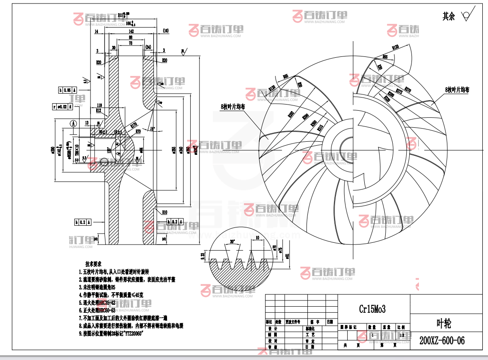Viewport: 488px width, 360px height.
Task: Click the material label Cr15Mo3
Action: (372, 309)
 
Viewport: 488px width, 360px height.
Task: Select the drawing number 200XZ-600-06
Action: (442, 341)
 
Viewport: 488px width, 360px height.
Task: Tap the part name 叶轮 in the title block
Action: (444, 323)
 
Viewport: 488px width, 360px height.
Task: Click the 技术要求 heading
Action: (93, 264)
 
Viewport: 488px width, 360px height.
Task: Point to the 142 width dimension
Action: (131, 32)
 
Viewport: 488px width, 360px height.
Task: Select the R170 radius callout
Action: (134, 125)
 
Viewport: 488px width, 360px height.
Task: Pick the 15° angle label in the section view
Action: (152, 129)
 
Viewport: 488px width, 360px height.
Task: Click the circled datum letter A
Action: (73, 123)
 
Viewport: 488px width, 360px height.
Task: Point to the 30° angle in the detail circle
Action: (231, 241)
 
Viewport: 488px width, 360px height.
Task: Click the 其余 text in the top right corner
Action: (449, 17)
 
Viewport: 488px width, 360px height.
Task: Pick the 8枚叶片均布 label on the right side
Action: (457, 90)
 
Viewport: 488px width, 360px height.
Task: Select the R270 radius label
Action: (408, 89)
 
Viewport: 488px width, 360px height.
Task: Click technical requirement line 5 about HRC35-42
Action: (97, 302)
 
